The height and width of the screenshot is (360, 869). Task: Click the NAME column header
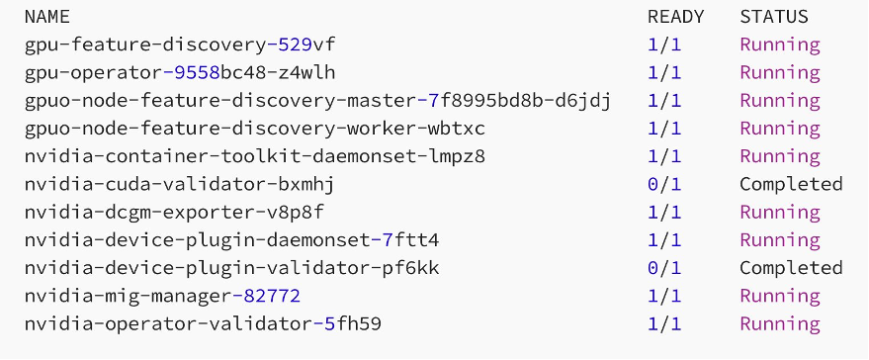[x=46, y=17]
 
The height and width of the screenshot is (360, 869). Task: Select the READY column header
[x=675, y=17]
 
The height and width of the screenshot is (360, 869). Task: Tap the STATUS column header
[x=773, y=17]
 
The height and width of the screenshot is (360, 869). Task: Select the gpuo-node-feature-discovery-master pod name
[x=317, y=101]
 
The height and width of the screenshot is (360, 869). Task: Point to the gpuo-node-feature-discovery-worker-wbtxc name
[x=254, y=129]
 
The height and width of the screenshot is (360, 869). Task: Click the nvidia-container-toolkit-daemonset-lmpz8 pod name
[x=254, y=156]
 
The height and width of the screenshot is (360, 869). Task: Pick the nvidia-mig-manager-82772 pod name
[x=162, y=296]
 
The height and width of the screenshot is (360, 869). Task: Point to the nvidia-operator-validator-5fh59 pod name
[x=203, y=323]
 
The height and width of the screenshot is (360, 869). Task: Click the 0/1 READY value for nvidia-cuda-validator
[x=664, y=184]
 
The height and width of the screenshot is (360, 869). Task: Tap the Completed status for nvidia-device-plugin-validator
[x=791, y=268]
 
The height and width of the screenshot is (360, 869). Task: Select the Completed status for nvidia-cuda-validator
[x=791, y=184]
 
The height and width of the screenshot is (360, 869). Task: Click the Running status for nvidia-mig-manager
[x=780, y=296]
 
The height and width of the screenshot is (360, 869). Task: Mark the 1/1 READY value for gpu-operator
[x=664, y=72]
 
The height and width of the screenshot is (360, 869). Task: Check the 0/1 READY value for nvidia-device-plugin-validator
[x=664, y=268]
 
